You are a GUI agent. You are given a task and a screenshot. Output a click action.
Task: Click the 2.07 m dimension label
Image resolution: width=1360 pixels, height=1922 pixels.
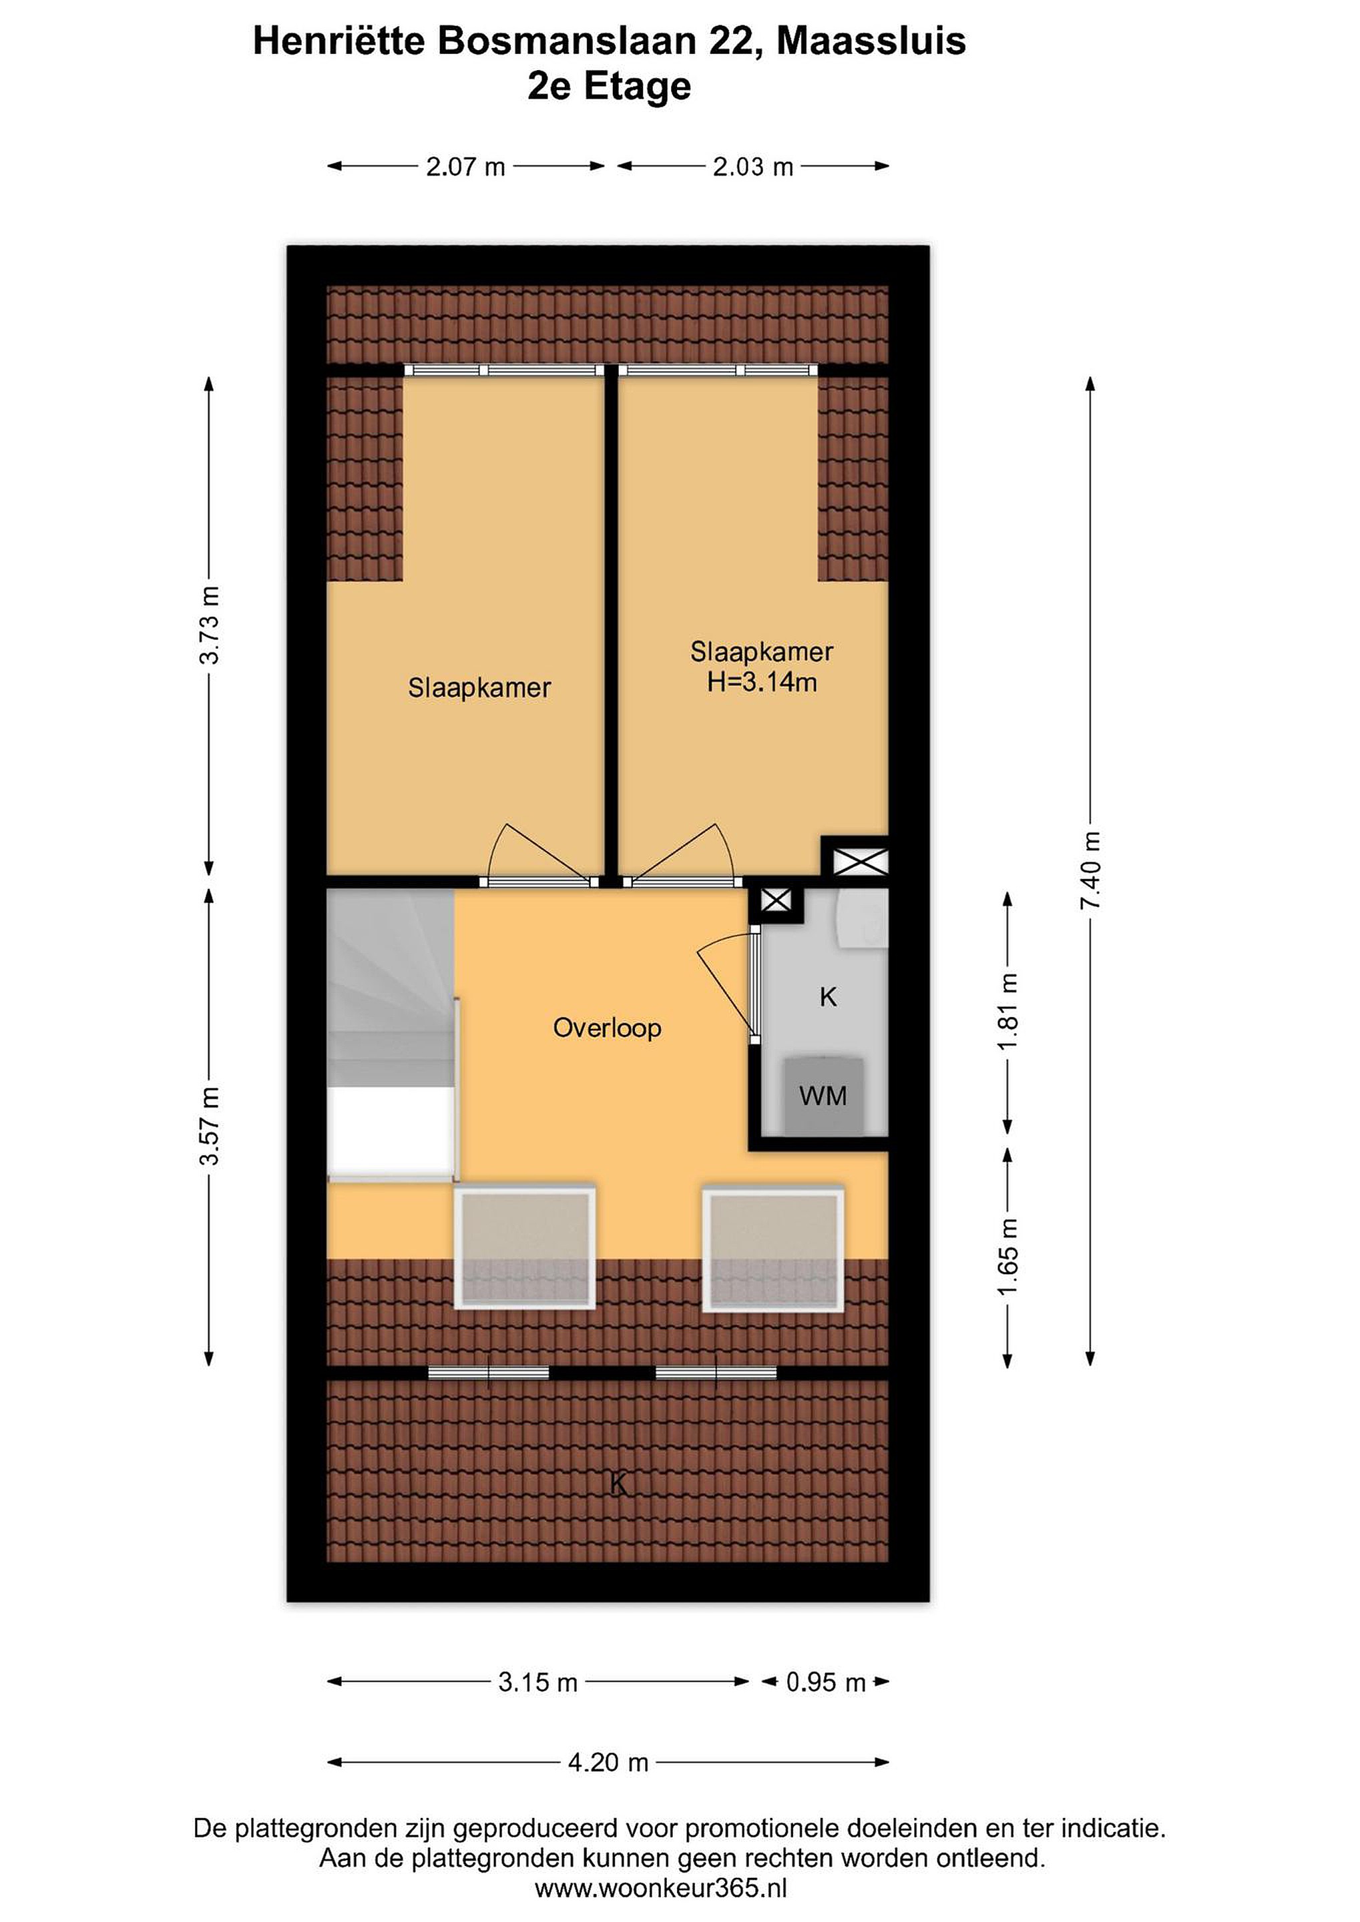[465, 168]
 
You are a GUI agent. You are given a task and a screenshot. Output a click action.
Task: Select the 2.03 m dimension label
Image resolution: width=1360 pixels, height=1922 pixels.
[752, 168]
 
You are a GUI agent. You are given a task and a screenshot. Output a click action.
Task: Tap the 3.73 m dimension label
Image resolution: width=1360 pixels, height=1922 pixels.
[210, 625]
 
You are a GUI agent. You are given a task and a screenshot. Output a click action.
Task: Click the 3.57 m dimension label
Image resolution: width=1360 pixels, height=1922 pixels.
[210, 1125]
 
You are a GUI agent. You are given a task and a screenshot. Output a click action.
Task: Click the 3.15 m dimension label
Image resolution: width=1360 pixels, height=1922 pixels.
[537, 1682]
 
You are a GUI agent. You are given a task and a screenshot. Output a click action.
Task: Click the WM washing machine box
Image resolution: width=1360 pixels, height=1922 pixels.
[823, 1096]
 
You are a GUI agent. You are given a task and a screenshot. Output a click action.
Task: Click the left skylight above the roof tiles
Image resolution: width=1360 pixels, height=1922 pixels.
[525, 1247]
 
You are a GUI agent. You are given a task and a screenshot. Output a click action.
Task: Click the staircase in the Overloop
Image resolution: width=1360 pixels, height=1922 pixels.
[391, 1036]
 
